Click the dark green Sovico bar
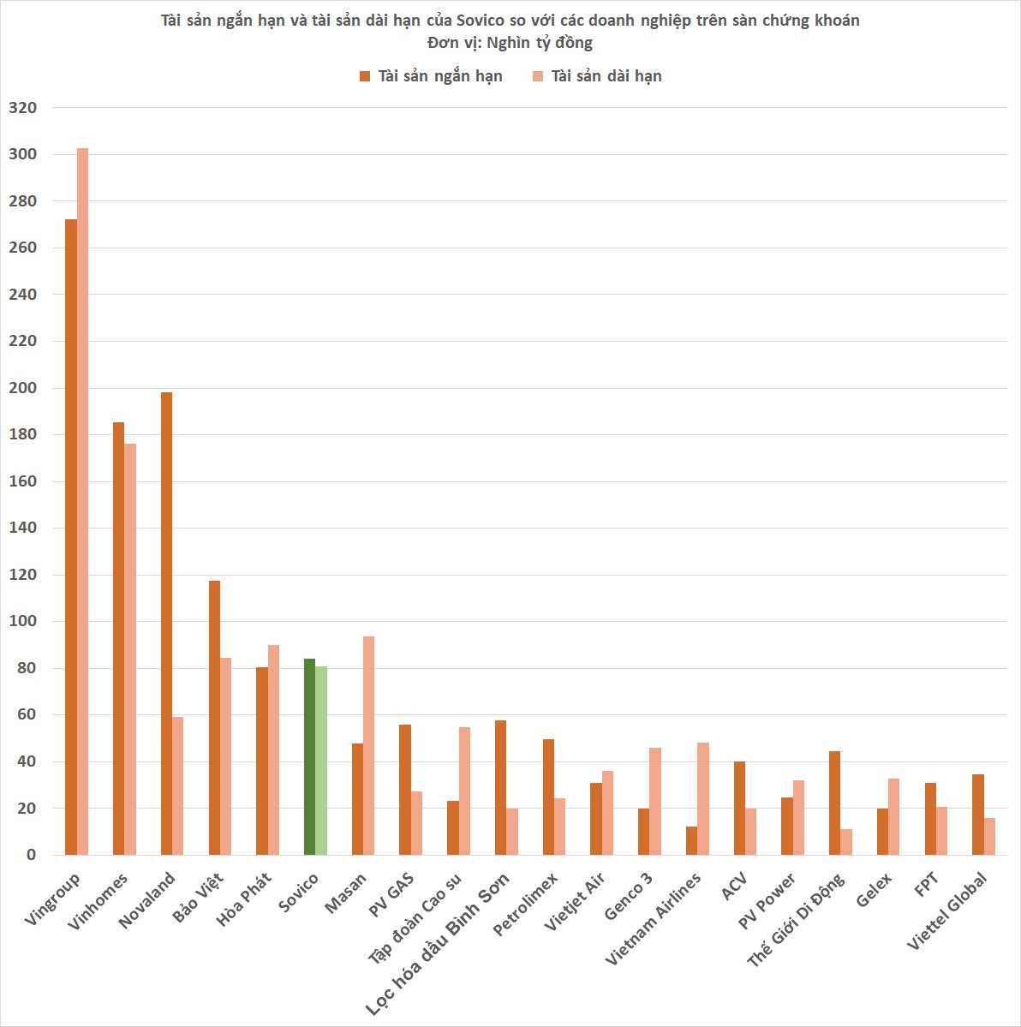[x=309, y=756]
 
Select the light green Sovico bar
[x=321, y=761]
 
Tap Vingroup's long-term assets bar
[x=83, y=501]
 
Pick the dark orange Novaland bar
[x=166, y=624]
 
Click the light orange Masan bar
[x=369, y=745]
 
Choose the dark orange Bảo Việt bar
[x=214, y=718]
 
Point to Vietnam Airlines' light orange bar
[x=703, y=798]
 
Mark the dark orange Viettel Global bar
[x=977, y=815]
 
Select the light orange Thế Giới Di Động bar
[x=846, y=842]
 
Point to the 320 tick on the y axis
[x=22, y=108]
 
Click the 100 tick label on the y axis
[x=22, y=621]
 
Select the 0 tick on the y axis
[x=31, y=855]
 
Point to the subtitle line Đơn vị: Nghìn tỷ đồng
[x=510, y=42]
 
